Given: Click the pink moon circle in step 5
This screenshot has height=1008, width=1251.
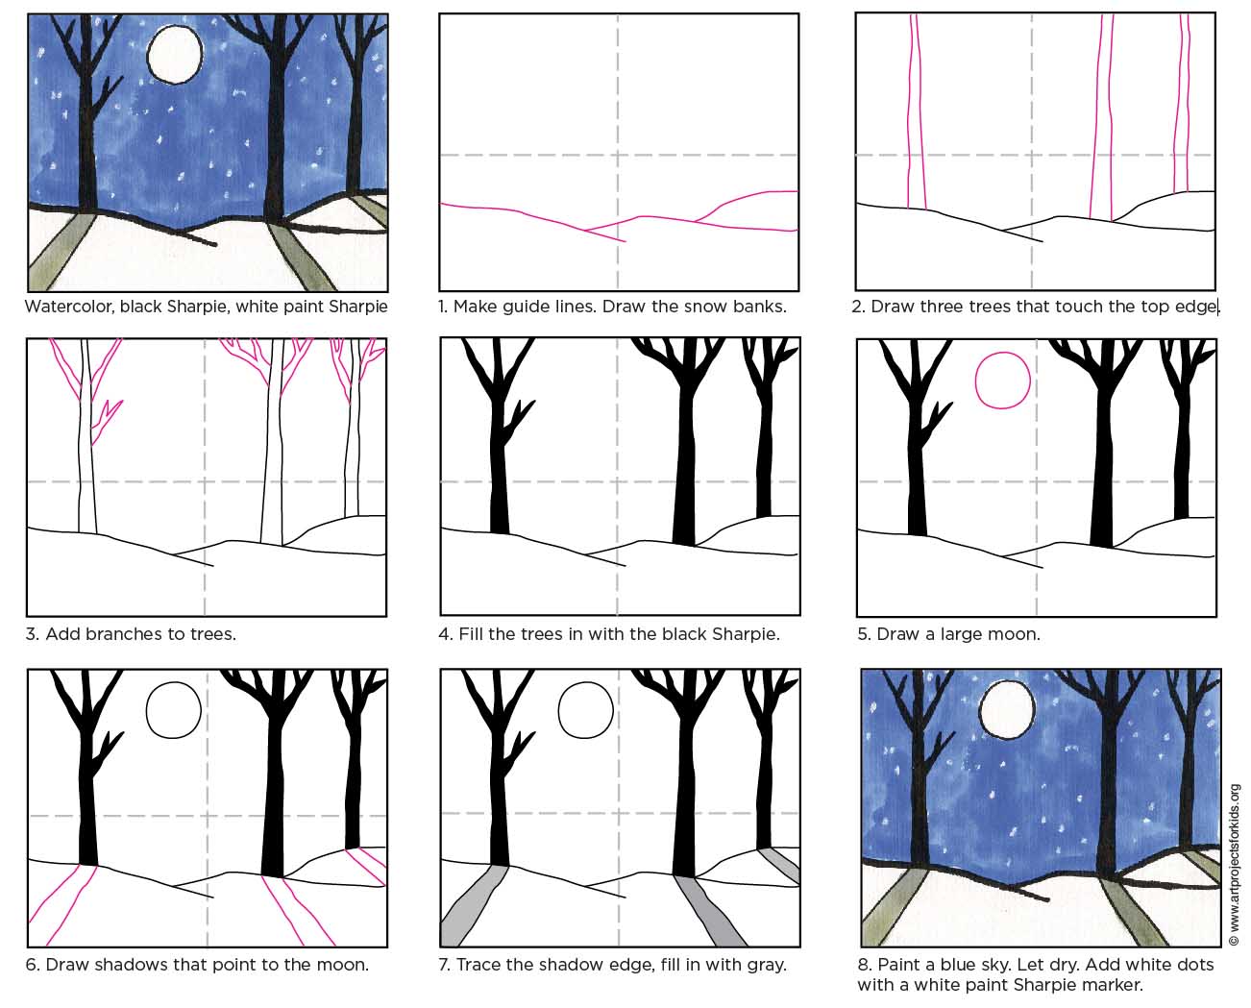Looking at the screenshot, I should (x=1003, y=381).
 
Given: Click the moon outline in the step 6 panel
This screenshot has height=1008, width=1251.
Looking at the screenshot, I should (x=174, y=710).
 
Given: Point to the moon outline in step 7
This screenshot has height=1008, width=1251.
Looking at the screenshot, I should (x=586, y=710).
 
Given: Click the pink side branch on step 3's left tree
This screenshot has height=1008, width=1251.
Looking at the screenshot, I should (x=106, y=421).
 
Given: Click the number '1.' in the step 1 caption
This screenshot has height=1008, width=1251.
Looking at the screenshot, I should (x=443, y=307).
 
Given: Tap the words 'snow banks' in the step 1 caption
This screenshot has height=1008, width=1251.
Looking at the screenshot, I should (x=739, y=307).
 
